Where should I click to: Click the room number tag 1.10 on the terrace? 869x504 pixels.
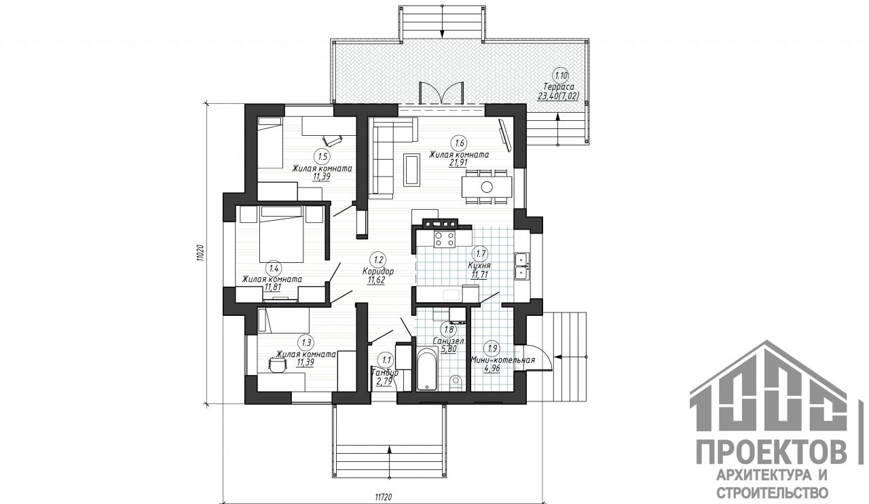tap(560, 75)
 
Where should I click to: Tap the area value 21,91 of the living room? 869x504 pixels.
tap(458, 163)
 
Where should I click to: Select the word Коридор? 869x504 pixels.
tap(378, 272)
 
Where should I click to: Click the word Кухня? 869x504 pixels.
tap(479, 266)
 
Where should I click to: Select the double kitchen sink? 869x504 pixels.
tap(521, 266)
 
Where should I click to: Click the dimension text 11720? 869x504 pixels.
tap(384, 497)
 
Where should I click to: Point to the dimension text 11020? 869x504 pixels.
tap(199, 254)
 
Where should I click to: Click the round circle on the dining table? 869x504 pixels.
tap(487, 187)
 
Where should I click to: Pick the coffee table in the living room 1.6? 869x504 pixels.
tap(411, 170)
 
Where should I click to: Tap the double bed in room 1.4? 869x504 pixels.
tap(281, 234)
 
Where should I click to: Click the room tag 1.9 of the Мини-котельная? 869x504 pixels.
tap(492, 348)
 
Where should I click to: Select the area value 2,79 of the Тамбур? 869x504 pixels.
tap(384, 381)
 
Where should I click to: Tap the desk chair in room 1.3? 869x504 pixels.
tap(278, 364)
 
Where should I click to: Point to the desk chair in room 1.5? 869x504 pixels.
tap(333, 139)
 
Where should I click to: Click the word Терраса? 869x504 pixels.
tap(559, 87)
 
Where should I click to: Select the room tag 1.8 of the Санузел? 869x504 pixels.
tap(449, 329)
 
